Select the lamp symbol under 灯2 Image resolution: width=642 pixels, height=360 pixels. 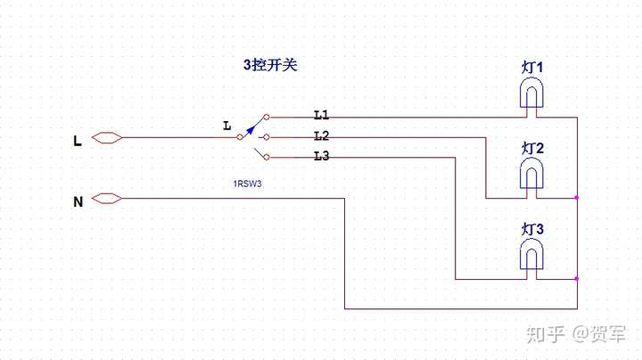pyautogui.click(x=532, y=175)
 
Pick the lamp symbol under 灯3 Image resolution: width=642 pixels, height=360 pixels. pyautogui.click(x=532, y=256)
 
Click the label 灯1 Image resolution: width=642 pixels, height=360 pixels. pyautogui.click(x=532, y=68)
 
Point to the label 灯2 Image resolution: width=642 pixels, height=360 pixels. pyautogui.click(x=532, y=148)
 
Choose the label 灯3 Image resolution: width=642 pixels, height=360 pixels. pyautogui.click(x=532, y=230)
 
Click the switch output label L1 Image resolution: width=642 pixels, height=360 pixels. pyautogui.click(x=322, y=115)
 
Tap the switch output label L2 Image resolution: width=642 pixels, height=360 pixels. pyautogui.click(x=322, y=135)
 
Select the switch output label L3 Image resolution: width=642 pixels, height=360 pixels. pyautogui.click(x=322, y=157)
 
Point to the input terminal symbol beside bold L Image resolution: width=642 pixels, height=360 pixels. pyautogui.click(x=106, y=138)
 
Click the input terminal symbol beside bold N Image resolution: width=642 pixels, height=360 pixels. pyautogui.click(x=106, y=198)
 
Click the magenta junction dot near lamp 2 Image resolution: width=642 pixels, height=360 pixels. pyautogui.click(x=577, y=197)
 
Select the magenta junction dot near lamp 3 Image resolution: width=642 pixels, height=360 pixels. pyautogui.click(x=577, y=279)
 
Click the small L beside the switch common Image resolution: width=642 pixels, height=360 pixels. pyautogui.click(x=226, y=127)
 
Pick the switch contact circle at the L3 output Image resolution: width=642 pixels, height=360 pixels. pyautogui.click(x=267, y=159)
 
